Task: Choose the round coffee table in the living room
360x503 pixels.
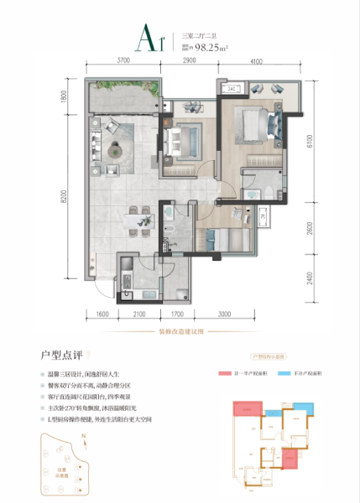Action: (125, 152)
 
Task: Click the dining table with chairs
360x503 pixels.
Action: (138, 220)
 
